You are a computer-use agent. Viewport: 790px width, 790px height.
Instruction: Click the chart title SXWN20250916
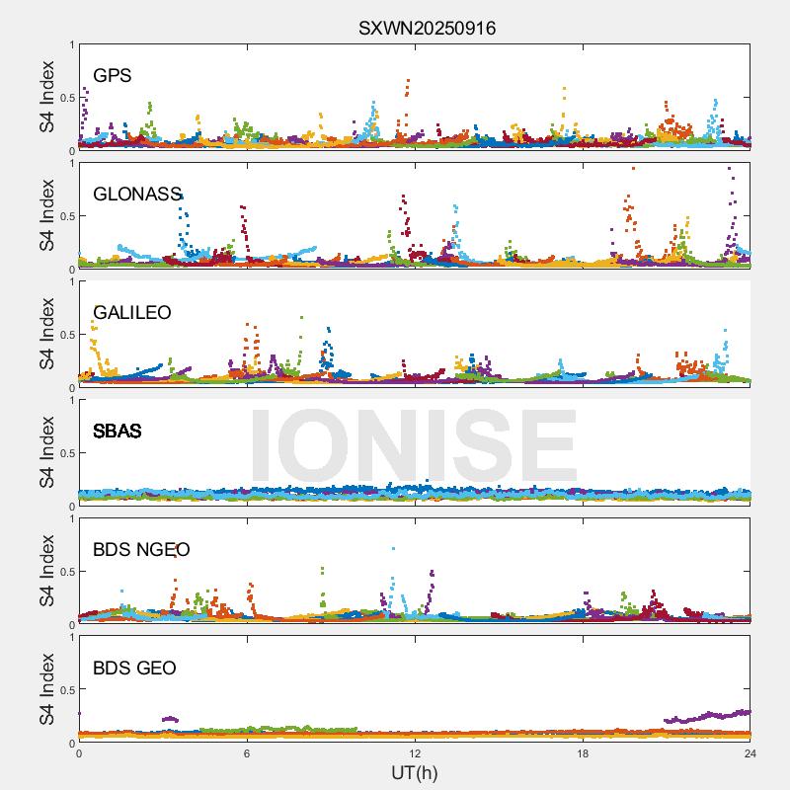pyautogui.click(x=427, y=28)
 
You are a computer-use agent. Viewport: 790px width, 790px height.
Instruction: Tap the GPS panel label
pyautogui.click(x=113, y=75)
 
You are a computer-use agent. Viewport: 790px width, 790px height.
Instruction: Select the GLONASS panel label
pyautogui.click(x=137, y=194)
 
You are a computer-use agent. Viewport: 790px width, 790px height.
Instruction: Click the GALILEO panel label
pyautogui.click(x=132, y=312)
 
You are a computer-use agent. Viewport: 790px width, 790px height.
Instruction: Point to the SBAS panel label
pyautogui.click(x=117, y=431)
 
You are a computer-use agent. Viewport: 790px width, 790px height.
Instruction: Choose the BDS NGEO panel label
pyautogui.click(x=141, y=549)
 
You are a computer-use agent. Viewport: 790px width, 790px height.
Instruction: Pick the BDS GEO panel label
pyautogui.click(x=134, y=668)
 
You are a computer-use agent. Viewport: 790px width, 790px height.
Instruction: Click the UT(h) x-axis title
pyautogui.click(x=415, y=772)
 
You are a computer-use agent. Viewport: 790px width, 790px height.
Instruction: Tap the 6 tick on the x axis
pyautogui.click(x=247, y=752)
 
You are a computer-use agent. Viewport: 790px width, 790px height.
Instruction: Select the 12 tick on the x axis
pyautogui.click(x=415, y=752)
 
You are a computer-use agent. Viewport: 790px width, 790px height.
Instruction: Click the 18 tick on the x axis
pyautogui.click(x=583, y=752)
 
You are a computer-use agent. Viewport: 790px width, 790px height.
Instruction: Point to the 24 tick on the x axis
pyautogui.click(x=750, y=752)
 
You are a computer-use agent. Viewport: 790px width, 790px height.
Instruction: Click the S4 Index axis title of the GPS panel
pyautogui.click(x=46, y=98)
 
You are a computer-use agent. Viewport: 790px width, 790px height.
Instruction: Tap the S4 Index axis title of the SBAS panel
pyautogui.click(x=46, y=453)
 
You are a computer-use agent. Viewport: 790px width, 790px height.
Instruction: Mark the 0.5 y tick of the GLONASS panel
pyautogui.click(x=65, y=216)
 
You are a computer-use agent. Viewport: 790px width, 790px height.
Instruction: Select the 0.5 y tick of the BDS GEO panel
pyautogui.click(x=65, y=690)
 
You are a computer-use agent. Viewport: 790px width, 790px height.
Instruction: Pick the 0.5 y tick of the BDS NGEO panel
pyautogui.click(x=65, y=572)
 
